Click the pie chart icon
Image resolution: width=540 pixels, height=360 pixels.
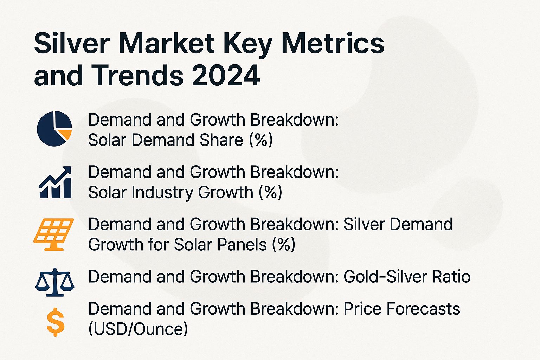54,129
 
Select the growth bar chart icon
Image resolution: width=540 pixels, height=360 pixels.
55,182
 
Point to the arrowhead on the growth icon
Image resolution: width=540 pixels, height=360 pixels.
67,171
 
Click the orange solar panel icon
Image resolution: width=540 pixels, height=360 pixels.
53,234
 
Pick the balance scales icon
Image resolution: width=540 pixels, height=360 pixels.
55,282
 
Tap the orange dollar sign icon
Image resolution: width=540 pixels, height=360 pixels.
56,322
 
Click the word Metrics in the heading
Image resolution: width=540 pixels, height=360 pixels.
333,44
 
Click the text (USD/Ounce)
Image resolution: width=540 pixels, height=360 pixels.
138,329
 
